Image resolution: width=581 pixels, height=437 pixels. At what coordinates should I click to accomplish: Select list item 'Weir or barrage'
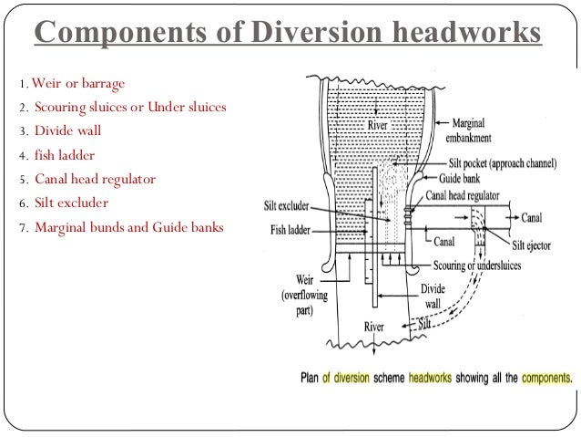[77, 85]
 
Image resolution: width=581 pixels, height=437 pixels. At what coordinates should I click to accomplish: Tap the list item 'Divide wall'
[70, 131]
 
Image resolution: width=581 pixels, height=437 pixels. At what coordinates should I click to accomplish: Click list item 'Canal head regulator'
[95, 179]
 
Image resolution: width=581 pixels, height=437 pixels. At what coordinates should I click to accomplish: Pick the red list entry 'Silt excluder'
[73, 203]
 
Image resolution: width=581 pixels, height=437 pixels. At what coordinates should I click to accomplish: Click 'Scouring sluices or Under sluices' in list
[130, 109]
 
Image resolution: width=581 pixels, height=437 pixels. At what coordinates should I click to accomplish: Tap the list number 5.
[22, 180]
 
